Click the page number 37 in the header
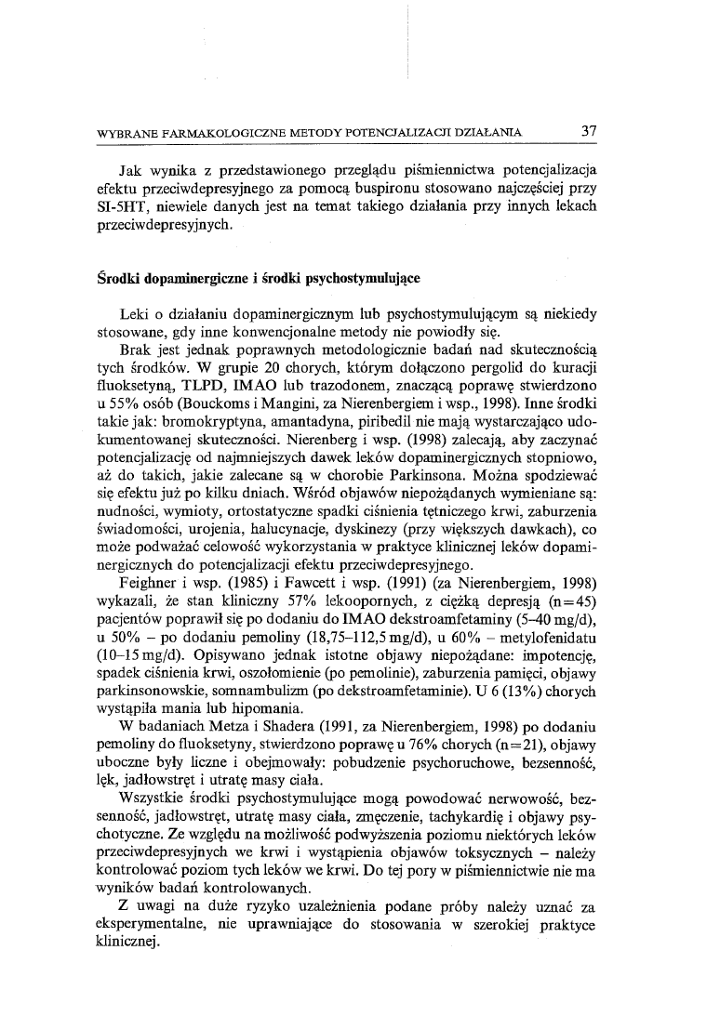coord(588,131)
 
